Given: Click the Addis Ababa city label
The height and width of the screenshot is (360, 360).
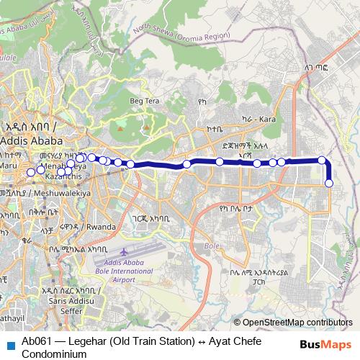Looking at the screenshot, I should coord(30,140).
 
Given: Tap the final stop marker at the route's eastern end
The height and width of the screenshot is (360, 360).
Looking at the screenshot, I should coord(329,183).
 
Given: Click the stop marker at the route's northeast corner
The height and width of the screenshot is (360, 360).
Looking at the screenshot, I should coord(323,160).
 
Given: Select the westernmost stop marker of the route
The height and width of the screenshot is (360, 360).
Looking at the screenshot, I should coord(31,172).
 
